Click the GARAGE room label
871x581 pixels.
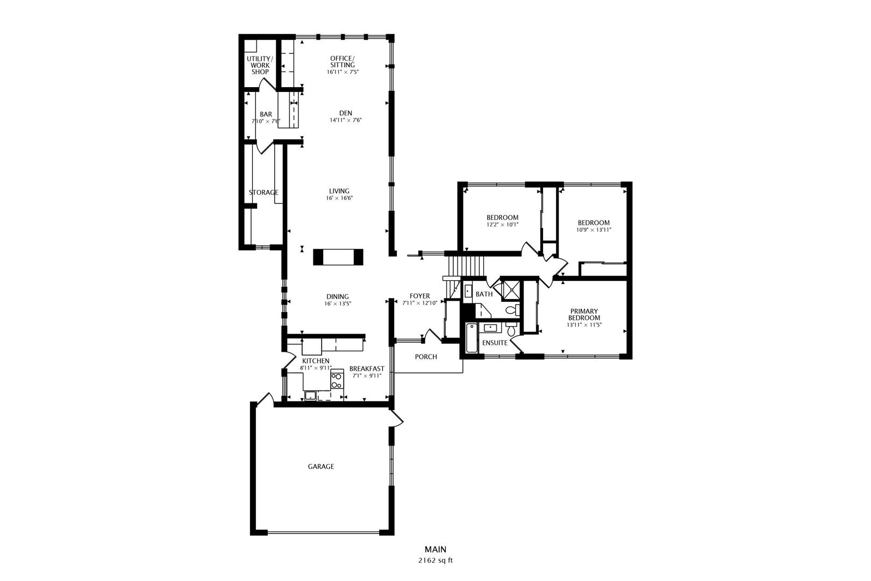click(x=321, y=466)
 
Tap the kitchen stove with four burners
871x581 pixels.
click(x=337, y=380)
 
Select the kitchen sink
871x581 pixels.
click(x=310, y=396)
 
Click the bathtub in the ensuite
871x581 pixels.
click(x=472, y=338)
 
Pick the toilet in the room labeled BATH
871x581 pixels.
click(x=513, y=310)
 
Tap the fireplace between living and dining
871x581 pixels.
click(x=338, y=257)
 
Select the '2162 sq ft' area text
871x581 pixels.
click(x=435, y=561)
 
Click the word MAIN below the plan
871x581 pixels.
click(x=435, y=549)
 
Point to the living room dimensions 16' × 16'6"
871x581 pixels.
click(x=339, y=198)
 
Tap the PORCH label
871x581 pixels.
click(x=426, y=357)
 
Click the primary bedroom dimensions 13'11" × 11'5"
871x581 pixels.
click(x=584, y=324)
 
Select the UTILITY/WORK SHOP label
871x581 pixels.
click(x=260, y=66)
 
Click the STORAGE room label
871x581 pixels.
click(x=263, y=192)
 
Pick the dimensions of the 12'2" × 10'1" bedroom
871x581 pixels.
click(x=502, y=224)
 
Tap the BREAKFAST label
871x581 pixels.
click(x=367, y=369)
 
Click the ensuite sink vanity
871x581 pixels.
click(x=490, y=328)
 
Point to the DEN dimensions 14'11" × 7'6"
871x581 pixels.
click(x=346, y=121)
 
